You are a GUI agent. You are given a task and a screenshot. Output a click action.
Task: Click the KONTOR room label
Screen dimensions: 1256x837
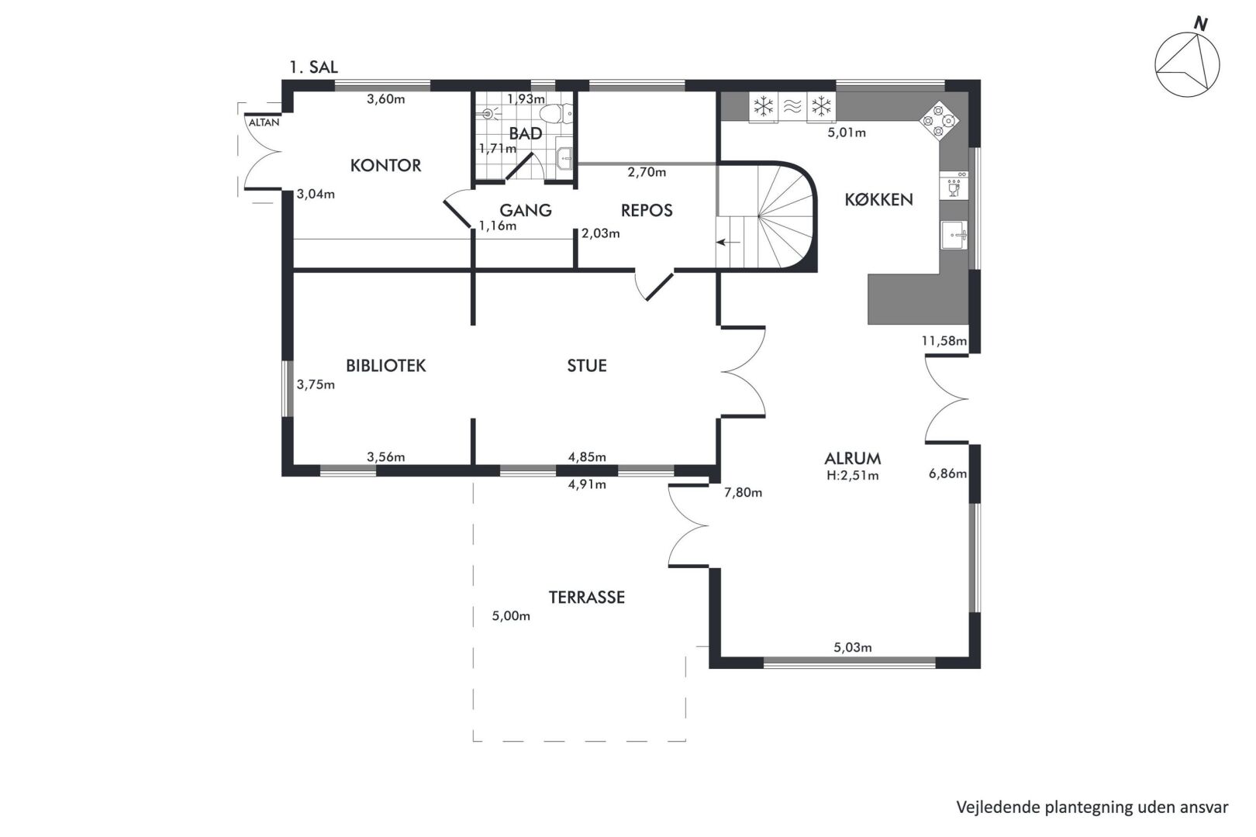point(385,165)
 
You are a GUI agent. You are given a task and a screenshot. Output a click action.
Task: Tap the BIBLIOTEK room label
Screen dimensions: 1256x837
point(386,366)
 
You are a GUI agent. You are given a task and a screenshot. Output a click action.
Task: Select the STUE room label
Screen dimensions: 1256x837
point(586,366)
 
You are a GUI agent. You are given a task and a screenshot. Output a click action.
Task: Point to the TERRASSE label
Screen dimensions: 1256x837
point(586,598)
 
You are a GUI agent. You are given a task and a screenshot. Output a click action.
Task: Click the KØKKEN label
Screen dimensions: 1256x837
point(878,200)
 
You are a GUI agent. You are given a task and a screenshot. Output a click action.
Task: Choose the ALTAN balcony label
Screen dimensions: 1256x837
point(264,122)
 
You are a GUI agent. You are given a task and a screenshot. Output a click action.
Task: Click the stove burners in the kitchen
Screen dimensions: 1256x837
point(939,121)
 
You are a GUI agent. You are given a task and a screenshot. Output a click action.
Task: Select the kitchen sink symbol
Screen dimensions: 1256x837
point(954,235)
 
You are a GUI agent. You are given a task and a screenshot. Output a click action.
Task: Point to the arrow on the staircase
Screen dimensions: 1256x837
point(728,242)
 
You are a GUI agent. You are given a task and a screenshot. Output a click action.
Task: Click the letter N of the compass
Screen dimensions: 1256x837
point(1200,23)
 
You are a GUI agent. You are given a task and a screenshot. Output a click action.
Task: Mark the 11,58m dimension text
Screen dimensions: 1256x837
point(944,341)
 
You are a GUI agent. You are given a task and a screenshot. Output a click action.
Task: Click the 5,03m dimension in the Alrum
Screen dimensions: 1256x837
point(852,647)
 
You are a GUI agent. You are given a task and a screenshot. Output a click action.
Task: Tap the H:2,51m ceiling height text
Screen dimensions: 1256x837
point(852,476)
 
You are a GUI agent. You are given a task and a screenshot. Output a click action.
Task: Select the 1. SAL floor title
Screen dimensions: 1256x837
point(313,67)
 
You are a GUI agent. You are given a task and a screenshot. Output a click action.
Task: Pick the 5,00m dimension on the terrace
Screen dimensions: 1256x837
point(511,616)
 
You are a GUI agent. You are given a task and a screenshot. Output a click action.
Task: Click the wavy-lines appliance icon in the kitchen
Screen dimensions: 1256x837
point(792,106)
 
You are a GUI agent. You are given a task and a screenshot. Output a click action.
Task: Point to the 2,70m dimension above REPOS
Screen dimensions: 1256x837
point(647,173)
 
